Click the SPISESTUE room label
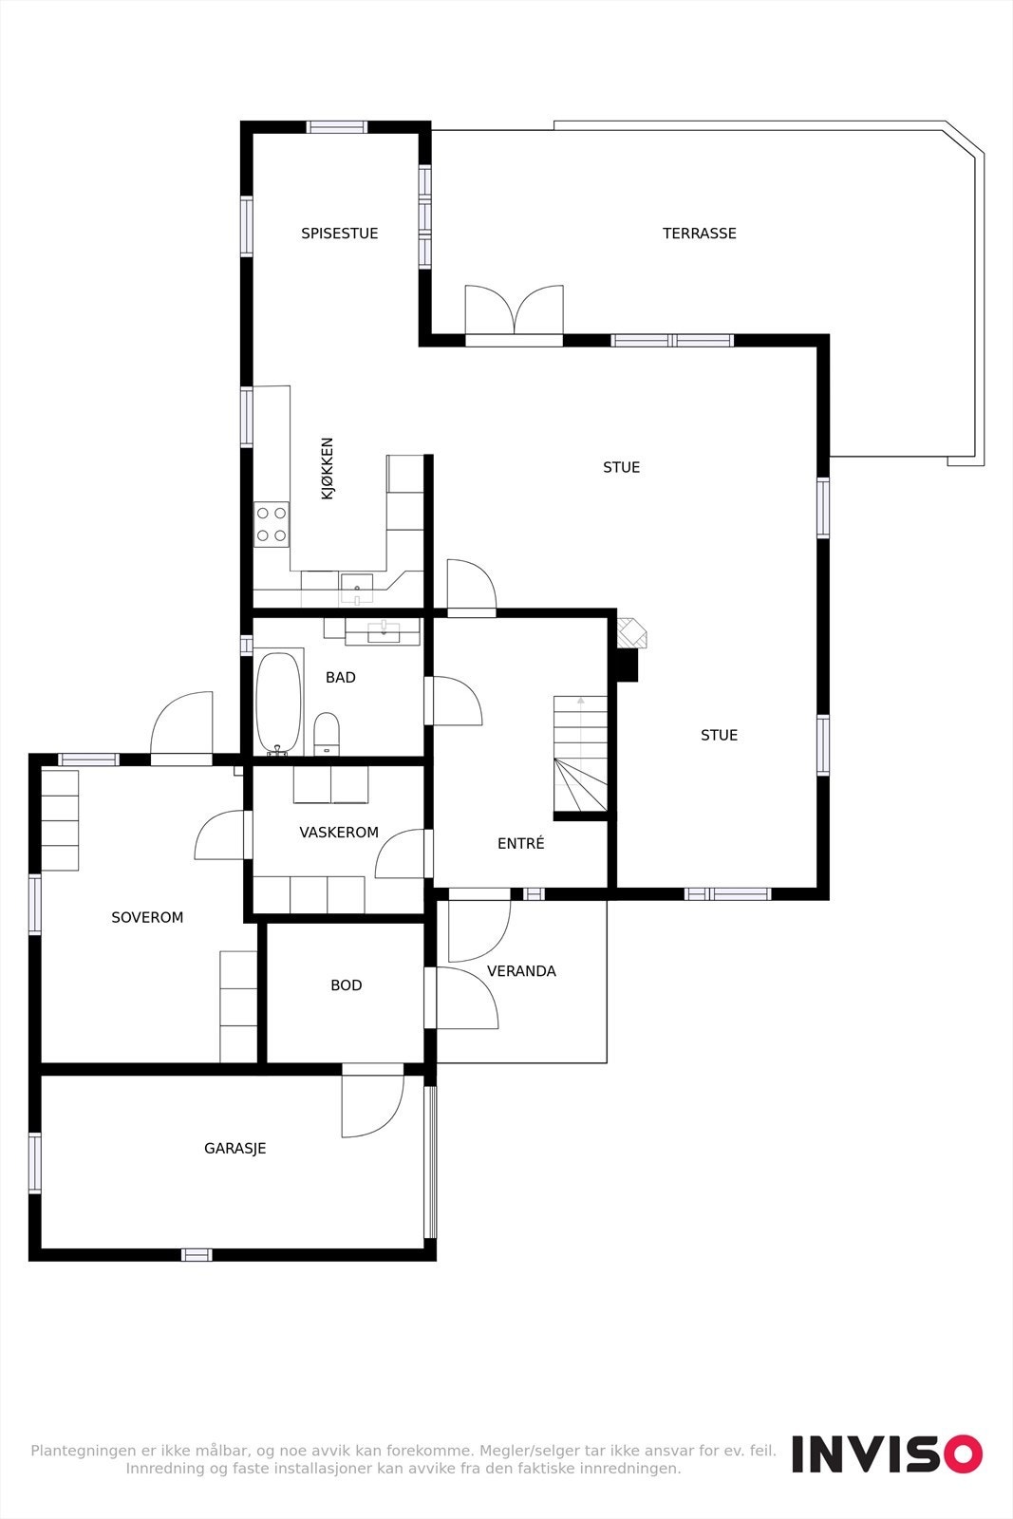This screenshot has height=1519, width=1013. point(339,234)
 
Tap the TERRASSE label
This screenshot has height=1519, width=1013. point(699,234)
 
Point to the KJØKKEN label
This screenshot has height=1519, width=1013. point(328,468)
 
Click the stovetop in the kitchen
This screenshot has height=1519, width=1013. point(272,524)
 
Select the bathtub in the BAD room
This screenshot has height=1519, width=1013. point(278,702)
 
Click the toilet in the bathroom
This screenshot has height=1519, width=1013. point(326,733)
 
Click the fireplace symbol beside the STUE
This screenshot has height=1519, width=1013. point(630,633)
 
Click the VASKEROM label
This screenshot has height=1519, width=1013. point(339,833)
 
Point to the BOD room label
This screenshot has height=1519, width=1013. point(347,985)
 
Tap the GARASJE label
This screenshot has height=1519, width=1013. point(235,1149)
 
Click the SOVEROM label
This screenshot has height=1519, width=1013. point(147,918)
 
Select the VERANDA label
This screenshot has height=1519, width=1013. point(521,971)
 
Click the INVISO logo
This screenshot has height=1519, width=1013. point(887,1453)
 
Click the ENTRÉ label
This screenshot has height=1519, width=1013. point(521,843)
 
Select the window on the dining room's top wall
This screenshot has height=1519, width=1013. point(337,127)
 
